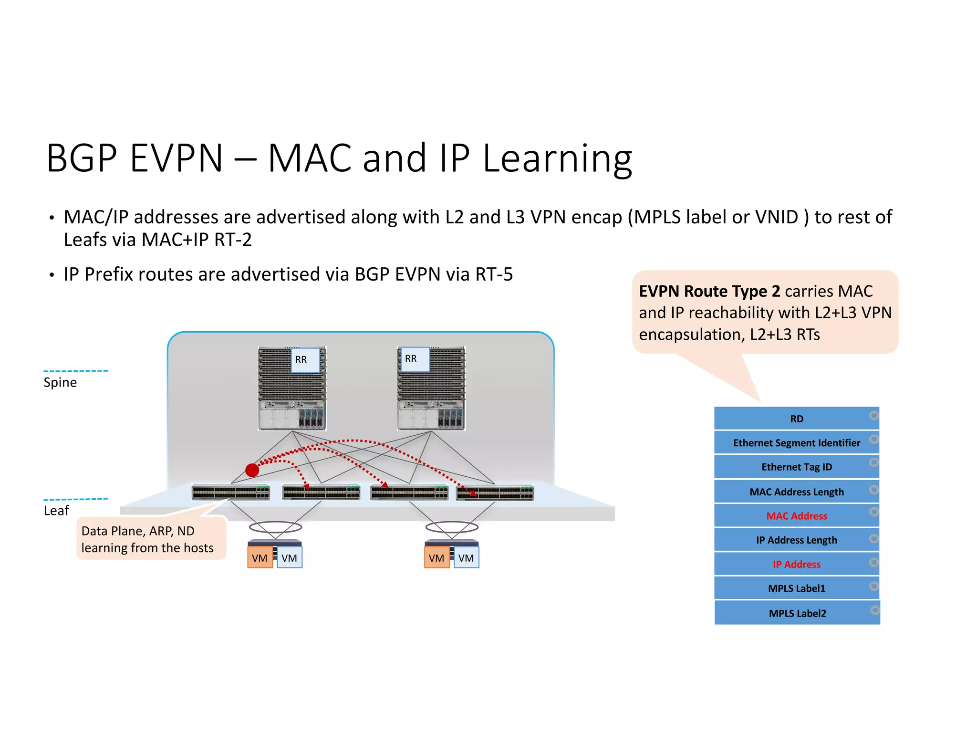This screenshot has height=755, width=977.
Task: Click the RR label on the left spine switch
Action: (x=301, y=360)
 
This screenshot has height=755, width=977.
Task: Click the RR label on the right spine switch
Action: (x=411, y=359)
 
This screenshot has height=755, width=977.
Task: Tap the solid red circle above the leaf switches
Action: (x=252, y=470)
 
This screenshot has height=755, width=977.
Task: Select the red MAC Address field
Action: (x=796, y=516)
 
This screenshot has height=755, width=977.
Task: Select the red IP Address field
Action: (x=796, y=564)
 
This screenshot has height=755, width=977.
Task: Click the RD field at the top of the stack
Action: (x=796, y=419)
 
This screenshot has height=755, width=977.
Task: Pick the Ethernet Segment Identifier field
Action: (x=796, y=443)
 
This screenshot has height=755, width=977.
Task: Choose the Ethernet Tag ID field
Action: (x=796, y=467)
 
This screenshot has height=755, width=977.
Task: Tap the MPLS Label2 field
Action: (x=797, y=613)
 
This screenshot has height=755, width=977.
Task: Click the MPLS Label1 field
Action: (x=796, y=588)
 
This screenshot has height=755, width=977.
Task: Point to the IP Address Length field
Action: (x=796, y=540)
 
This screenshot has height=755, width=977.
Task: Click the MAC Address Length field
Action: (x=796, y=492)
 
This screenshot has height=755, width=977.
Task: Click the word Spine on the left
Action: (x=60, y=383)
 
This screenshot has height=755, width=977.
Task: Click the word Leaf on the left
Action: (x=56, y=511)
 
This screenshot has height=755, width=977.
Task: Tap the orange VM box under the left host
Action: (x=260, y=558)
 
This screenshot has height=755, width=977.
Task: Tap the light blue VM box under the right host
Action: (x=466, y=558)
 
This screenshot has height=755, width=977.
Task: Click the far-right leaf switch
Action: (x=495, y=493)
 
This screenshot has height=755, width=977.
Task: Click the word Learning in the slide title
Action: (x=557, y=158)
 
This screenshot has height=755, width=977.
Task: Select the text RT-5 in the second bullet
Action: (x=494, y=274)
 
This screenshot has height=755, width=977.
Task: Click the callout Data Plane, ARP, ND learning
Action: (x=147, y=539)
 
